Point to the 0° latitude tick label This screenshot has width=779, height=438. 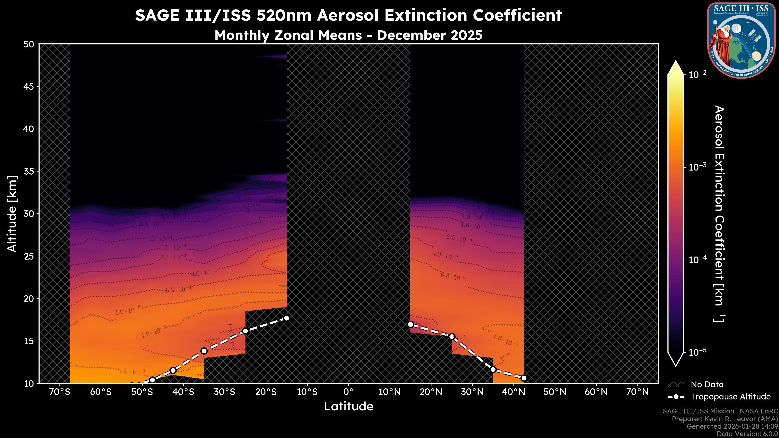[x=348, y=392]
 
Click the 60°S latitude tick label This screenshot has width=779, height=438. [x=101, y=392]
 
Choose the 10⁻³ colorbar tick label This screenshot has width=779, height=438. [x=698, y=167]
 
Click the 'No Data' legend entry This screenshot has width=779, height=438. [x=707, y=384]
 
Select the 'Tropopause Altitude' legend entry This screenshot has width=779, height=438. [x=730, y=397]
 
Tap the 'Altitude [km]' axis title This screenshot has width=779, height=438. [x=12, y=213]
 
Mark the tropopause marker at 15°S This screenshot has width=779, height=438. [x=287, y=318]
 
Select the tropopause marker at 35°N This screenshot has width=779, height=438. [x=493, y=369]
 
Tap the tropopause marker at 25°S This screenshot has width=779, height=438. [x=245, y=331]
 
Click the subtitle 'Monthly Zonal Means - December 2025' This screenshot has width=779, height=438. [x=348, y=35]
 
